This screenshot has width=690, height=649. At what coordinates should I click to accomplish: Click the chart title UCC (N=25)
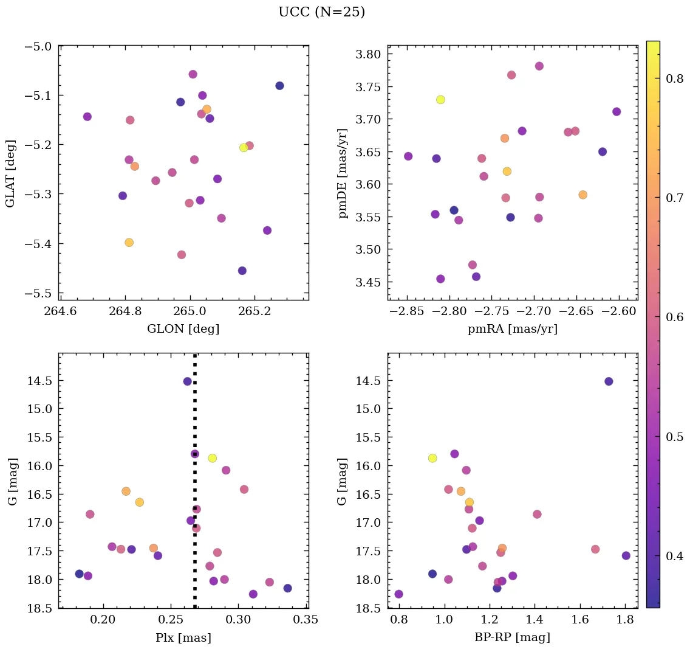coord(321,12)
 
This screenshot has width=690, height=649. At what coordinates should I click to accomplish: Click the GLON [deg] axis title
coord(183,329)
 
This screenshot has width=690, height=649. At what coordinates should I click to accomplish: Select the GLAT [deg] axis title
coord(10,172)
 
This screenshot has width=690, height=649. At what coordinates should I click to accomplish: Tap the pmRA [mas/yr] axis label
coord(512,329)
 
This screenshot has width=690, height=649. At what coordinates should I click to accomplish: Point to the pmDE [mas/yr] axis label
coord(343,173)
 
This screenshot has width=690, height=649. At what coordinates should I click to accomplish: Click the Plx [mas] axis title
coord(183,637)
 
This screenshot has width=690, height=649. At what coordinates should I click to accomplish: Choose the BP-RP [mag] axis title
coord(512,637)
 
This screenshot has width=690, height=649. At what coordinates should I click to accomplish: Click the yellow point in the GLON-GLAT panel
coord(244,148)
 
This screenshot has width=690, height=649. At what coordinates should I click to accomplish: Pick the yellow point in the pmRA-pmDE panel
coord(440,100)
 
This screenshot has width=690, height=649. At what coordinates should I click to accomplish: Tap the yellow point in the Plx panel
coord(213,458)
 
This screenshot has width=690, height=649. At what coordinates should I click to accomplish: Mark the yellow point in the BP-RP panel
coord(432,458)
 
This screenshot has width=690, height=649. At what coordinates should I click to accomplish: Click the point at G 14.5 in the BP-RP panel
coord(609,381)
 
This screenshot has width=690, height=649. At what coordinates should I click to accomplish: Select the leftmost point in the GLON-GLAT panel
coord(87,117)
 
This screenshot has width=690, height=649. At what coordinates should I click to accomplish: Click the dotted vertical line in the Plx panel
coord(195,414)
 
